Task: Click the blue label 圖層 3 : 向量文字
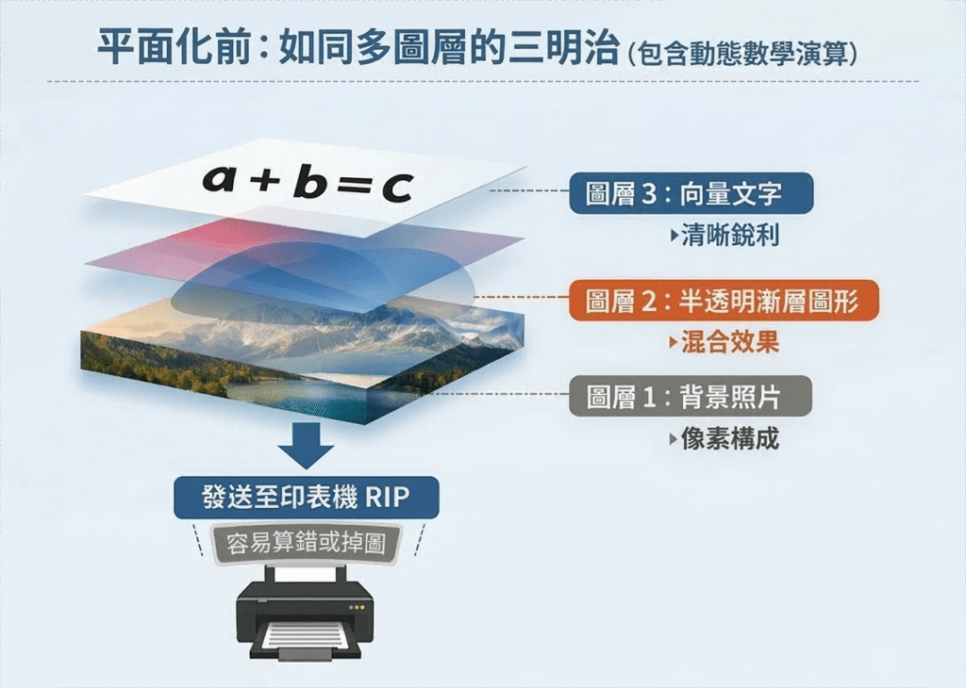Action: point(691,193)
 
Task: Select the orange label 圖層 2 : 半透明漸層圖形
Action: point(724,301)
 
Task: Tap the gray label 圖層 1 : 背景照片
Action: point(690,396)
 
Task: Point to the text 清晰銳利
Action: point(730,235)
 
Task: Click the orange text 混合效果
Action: point(730,342)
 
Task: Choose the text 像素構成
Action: point(730,439)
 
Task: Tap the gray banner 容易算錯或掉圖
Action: point(307,544)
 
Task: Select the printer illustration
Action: point(305,614)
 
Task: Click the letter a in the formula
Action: point(220,178)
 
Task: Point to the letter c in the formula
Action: point(397,187)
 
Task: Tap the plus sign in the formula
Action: point(265,180)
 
